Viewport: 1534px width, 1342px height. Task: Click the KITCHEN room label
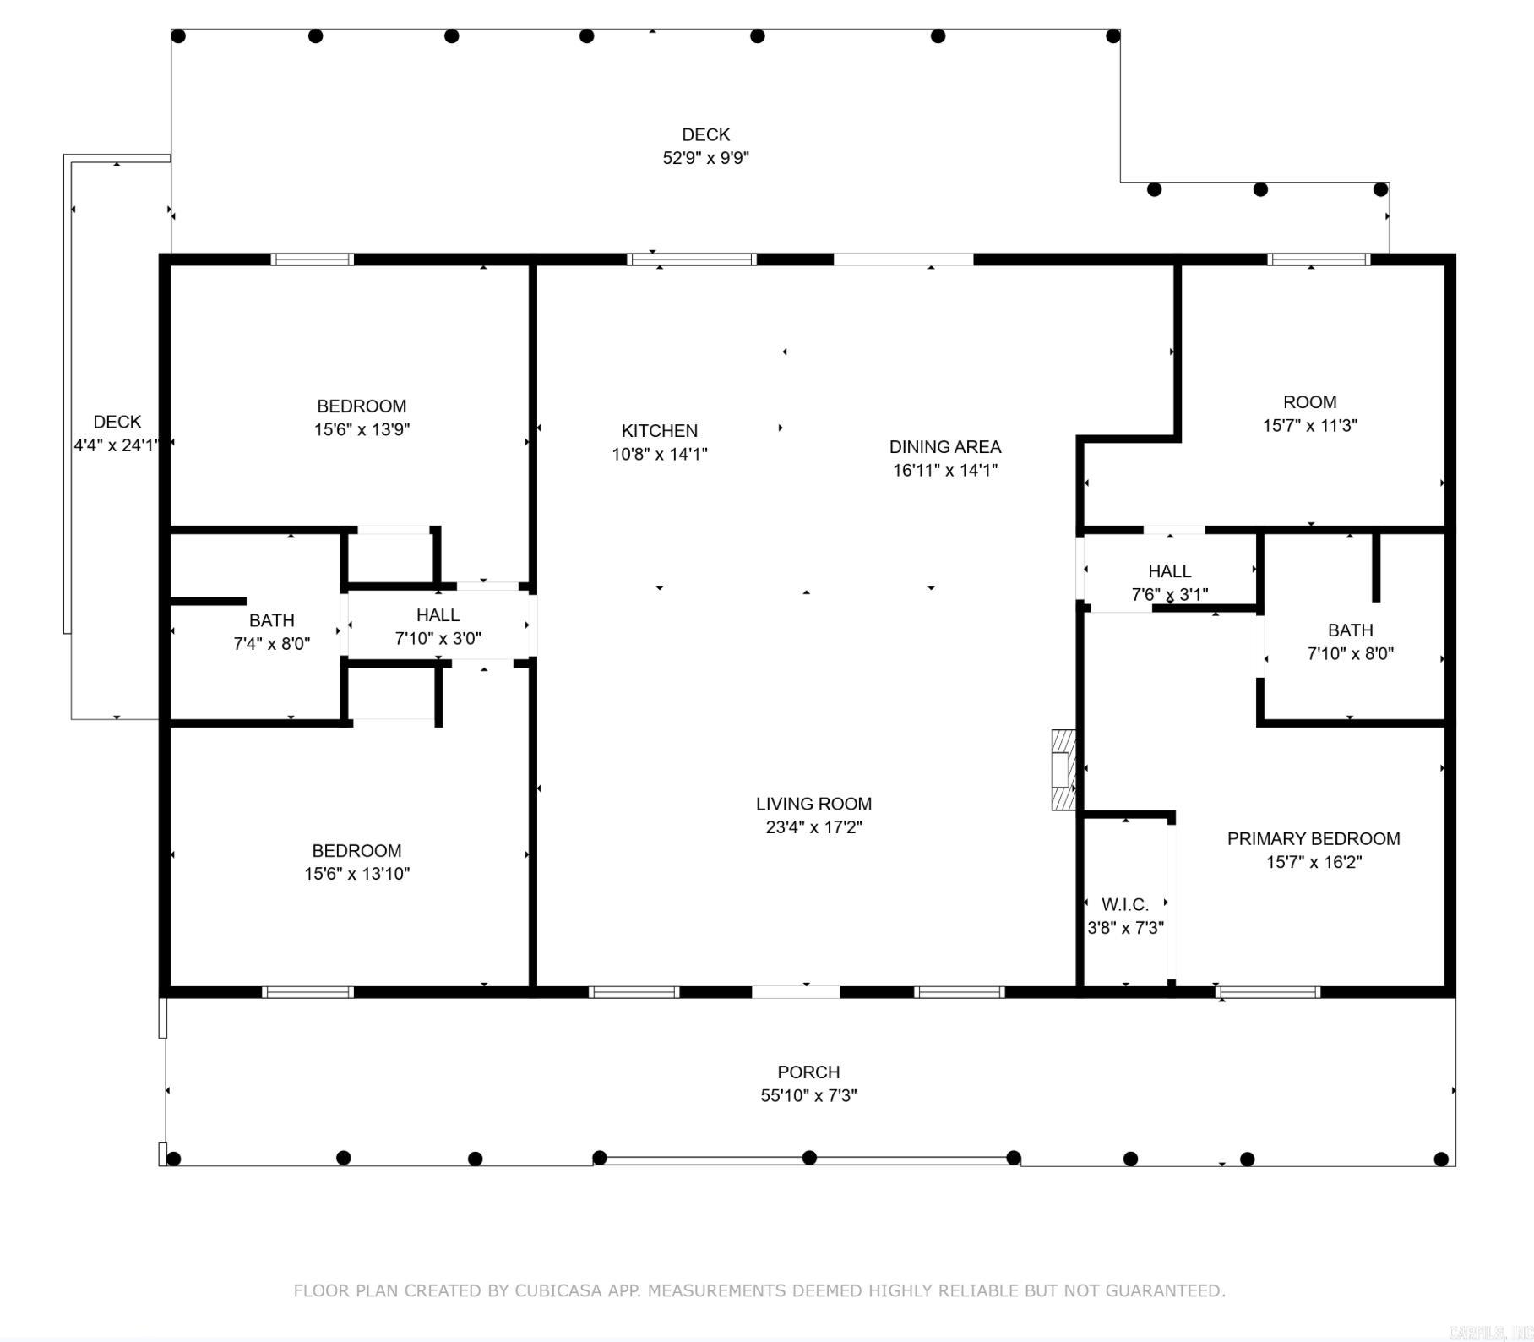[x=660, y=431]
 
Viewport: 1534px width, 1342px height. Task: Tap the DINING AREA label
[x=945, y=447]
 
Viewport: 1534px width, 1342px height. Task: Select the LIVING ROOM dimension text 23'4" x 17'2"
[x=813, y=827]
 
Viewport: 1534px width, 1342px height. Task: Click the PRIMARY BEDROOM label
[x=1314, y=839]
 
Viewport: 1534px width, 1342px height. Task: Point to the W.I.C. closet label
[x=1125, y=905]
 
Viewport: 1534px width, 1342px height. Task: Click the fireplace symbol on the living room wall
[x=1063, y=770]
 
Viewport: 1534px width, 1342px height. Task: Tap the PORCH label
[x=808, y=1072]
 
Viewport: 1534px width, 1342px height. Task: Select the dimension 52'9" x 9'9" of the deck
[x=706, y=158]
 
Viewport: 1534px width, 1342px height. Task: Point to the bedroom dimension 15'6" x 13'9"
[x=362, y=429]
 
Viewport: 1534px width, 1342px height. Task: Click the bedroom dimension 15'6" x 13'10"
[x=357, y=874]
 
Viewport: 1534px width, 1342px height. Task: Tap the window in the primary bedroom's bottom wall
[x=1269, y=992]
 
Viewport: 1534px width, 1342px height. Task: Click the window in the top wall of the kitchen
[x=692, y=259]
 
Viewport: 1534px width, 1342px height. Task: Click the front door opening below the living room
[x=796, y=992]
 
